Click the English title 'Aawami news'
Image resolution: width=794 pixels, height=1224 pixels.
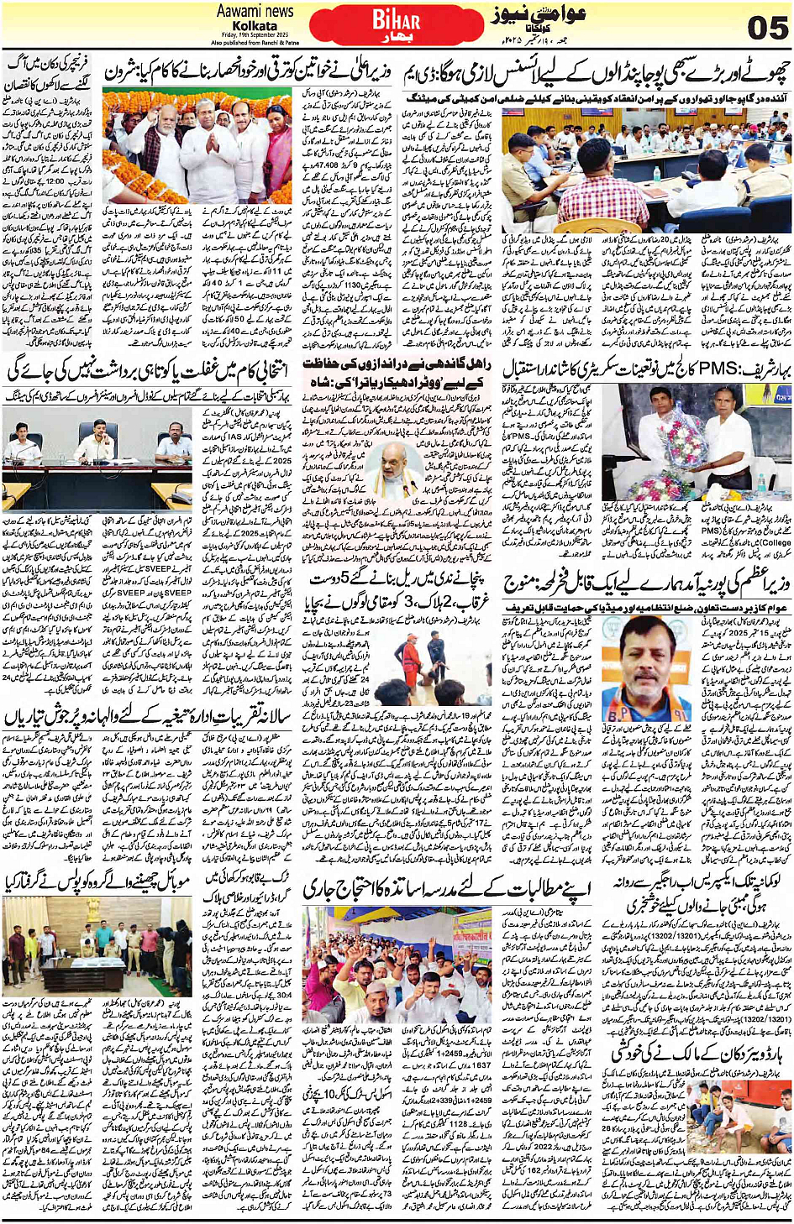(x=255, y=11)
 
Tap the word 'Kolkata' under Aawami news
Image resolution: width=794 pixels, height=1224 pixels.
(x=255, y=26)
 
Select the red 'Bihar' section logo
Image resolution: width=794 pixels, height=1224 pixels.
(x=395, y=23)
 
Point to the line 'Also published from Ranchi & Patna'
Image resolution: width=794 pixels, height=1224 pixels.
(x=255, y=42)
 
